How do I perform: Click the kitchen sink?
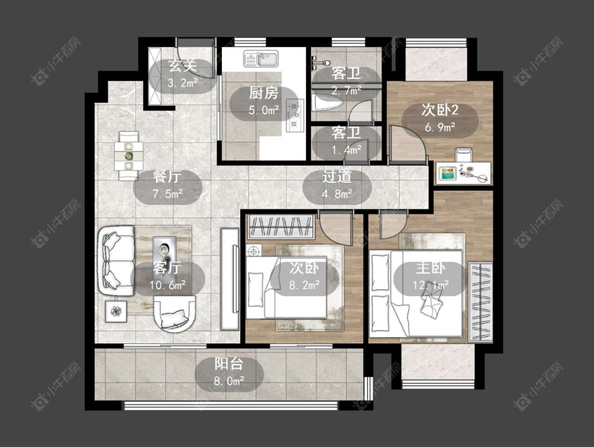261,59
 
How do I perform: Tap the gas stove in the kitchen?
295,115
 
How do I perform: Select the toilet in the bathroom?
328,103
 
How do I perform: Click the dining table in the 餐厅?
129,156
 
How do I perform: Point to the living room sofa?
117,261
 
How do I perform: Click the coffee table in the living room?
164,254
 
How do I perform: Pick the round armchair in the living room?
175,313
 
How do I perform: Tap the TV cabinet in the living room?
230,278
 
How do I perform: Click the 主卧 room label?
430,268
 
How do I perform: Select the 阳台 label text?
229,364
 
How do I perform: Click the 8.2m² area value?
304,285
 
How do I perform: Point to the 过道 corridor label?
337,176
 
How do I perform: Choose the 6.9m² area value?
440,127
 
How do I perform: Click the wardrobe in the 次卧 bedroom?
281,227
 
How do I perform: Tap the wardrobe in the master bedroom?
480,301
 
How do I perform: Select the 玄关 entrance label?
183,66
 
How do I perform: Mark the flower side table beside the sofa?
116,311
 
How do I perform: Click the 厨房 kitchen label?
263,93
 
